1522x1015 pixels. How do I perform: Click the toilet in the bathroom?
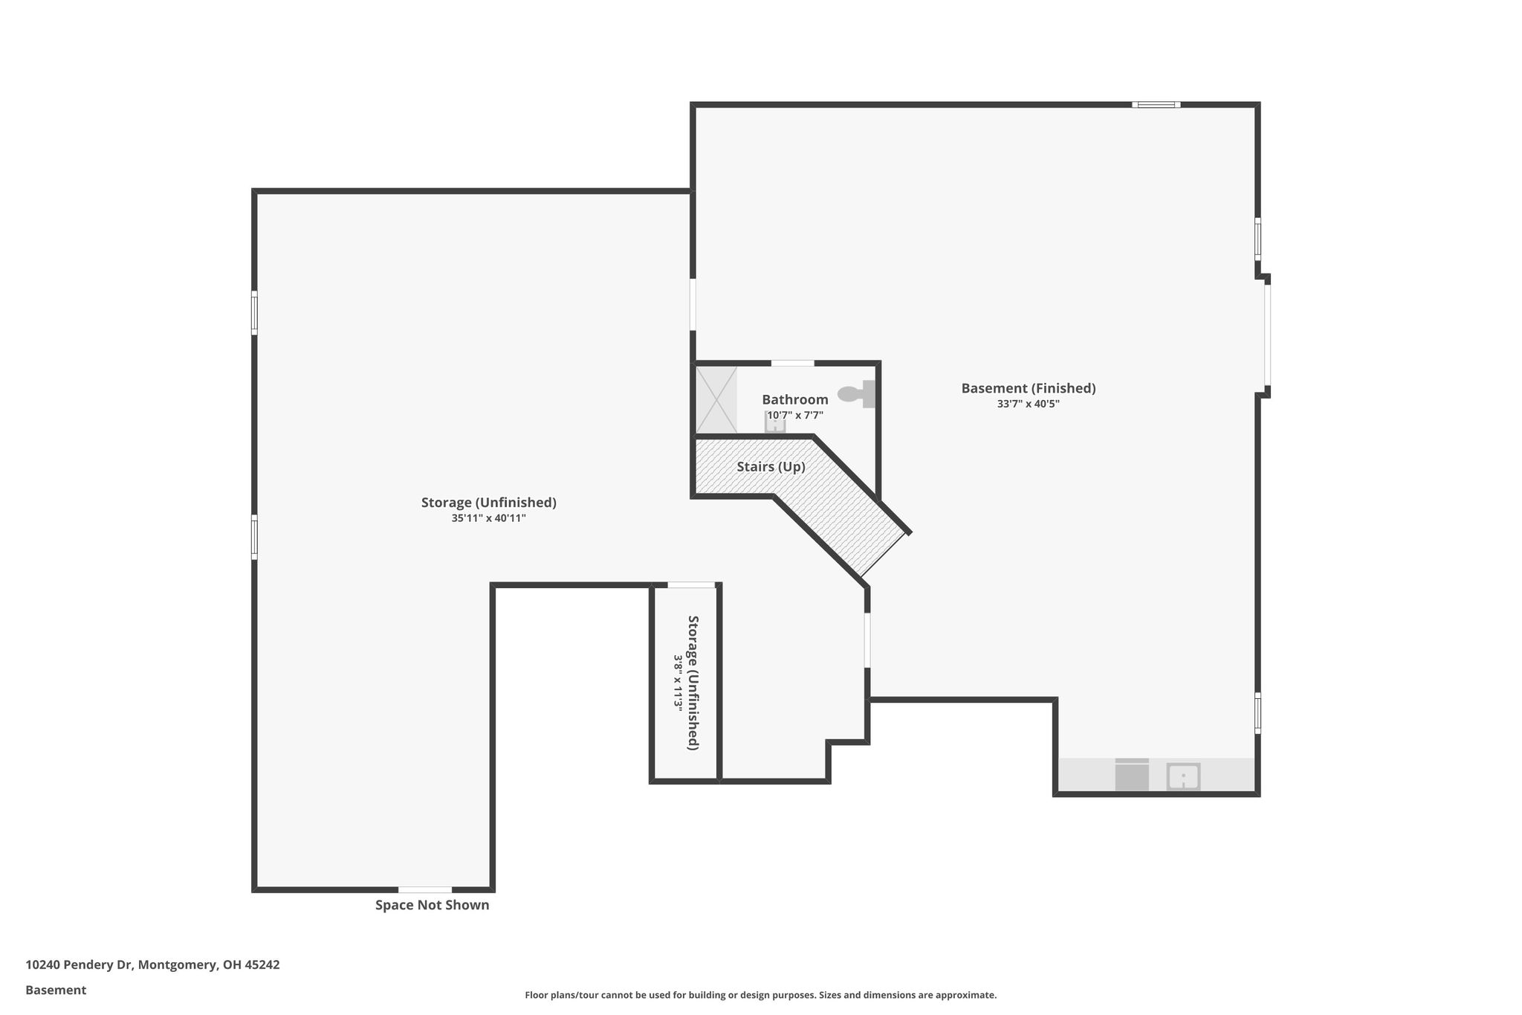(x=857, y=393)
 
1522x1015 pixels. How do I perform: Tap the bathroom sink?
(x=775, y=423)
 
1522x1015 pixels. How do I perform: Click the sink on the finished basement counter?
(x=1182, y=777)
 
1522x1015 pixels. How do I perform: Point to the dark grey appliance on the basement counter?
(x=1132, y=775)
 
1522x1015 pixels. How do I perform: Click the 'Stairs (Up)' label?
(x=771, y=467)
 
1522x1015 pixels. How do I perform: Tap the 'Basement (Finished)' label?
(x=1029, y=388)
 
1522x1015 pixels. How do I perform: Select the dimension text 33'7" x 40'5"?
(x=1029, y=405)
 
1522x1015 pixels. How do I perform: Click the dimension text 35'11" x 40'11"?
(x=489, y=518)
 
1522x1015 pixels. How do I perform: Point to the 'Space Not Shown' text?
(x=432, y=905)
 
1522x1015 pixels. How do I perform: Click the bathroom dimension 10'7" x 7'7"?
(x=795, y=416)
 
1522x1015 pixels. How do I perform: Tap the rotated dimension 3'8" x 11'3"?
(x=678, y=682)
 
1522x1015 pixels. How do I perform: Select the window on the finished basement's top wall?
(x=1156, y=105)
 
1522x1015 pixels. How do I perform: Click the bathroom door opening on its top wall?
(x=792, y=363)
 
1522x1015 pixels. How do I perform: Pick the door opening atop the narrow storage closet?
(x=691, y=585)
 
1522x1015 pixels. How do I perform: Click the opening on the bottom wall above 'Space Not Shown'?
(x=425, y=889)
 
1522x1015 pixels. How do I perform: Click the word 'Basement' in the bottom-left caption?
(x=56, y=990)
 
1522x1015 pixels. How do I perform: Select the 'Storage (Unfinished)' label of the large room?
(x=489, y=503)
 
